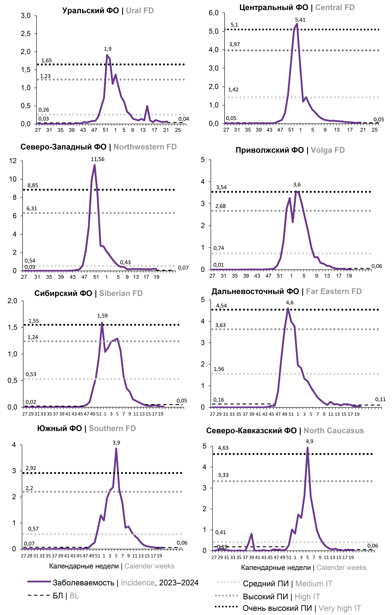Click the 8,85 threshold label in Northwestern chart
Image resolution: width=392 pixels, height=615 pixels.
click(x=33, y=185)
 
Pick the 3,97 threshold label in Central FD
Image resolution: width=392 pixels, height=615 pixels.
click(x=234, y=44)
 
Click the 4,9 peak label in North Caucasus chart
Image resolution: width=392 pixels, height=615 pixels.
click(x=310, y=441)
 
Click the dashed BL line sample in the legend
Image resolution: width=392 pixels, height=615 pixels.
click(x=38, y=595)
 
